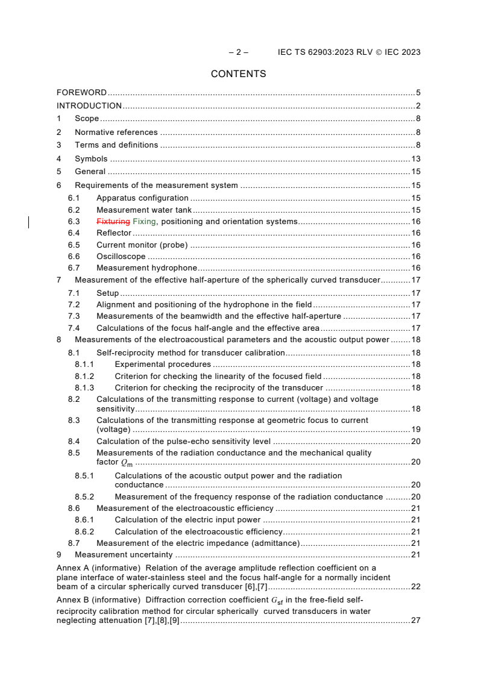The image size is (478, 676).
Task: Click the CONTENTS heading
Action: [x=238, y=74]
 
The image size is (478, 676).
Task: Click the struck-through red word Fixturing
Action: [x=113, y=221]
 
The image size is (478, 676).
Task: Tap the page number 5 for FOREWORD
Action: [x=418, y=93]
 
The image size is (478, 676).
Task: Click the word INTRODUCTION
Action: [x=89, y=106]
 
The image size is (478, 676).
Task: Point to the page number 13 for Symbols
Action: [x=415, y=159]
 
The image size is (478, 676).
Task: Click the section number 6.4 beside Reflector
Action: [x=74, y=233]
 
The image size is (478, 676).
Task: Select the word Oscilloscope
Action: [x=121, y=257]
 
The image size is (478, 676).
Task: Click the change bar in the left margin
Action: [x=29, y=222]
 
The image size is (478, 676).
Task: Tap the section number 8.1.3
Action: [x=84, y=388]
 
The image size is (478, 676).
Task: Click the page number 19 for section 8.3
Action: [x=415, y=430]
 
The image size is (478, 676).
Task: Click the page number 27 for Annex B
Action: [x=415, y=621]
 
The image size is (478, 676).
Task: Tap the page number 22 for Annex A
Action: [x=415, y=587]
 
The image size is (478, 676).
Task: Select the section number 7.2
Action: [x=74, y=305]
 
